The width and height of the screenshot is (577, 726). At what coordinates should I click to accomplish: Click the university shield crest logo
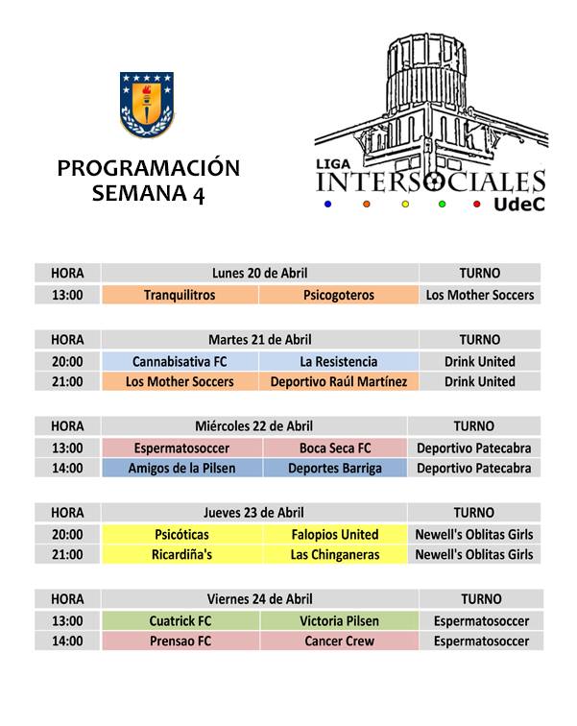click(x=147, y=101)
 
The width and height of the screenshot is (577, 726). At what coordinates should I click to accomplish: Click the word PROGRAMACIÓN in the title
click(x=148, y=168)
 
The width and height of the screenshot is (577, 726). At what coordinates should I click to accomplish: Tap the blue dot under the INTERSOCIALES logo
click(x=328, y=204)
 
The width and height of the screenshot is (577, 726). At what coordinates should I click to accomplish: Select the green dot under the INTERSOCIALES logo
click(x=443, y=204)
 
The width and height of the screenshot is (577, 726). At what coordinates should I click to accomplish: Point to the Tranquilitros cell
click(x=179, y=295)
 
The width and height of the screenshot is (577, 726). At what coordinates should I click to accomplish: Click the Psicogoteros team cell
click(x=338, y=295)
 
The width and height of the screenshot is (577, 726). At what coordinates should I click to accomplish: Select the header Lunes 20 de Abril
click(x=259, y=274)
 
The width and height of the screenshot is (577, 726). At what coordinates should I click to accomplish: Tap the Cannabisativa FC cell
click(x=179, y=362)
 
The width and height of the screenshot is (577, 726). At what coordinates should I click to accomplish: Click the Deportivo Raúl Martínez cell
click(x=338, y=382)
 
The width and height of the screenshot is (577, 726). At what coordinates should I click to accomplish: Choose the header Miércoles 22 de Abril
click(x=253, y=426)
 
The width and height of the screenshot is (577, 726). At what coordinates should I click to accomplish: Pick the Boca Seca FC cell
click(x=335, y=448)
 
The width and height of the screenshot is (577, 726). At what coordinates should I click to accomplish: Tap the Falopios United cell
click(x=335, y=534)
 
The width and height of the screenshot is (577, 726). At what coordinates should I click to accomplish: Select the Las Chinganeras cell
click(x=335, y=555)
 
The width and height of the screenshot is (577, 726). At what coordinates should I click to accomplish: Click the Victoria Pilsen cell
click(x=335, y=620)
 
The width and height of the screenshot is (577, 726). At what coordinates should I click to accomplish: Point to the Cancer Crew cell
click(x=335, y=641)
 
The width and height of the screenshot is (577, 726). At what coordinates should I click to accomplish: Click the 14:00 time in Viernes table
click(x=67, y=641)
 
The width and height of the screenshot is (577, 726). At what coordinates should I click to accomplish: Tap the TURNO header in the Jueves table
click(x=473, y=513)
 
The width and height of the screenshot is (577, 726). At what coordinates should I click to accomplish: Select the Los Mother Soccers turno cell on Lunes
click(x=479, y=295)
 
